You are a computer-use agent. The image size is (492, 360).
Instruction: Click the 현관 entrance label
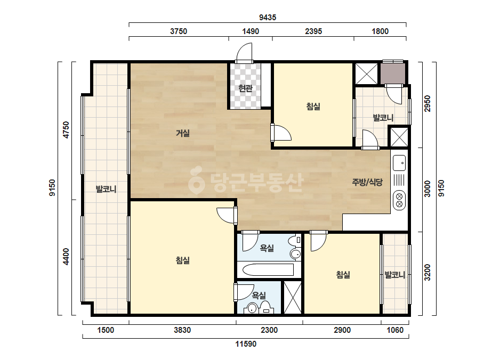[x=245, y=88]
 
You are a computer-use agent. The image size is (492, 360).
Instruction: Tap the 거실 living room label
[x=183, y=133]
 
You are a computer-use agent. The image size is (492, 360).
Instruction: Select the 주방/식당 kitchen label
[x=367, y=182]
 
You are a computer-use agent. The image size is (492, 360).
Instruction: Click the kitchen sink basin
[x=399, y=163]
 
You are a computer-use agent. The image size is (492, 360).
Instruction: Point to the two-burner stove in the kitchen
[x=399, y=200]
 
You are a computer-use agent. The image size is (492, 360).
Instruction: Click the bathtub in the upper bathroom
[x=268, y=269]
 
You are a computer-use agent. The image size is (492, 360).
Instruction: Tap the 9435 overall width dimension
[x=268, y=18]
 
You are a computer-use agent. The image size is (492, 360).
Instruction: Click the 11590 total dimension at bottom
[x=246, y=344]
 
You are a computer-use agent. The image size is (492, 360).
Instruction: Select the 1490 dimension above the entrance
[x=251, y=31]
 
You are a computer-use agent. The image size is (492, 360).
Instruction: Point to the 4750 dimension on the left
[x=66, y=130]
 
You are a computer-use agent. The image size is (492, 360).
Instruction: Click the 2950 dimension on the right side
[x=428, y=104]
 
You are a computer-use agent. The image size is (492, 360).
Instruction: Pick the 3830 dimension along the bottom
[x=182, y=330]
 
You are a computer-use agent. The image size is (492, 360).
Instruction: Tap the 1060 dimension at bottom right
[x=395, y=330]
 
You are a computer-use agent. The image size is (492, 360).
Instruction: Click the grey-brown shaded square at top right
[x=393, y=73]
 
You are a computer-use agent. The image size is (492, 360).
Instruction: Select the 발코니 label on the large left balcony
[x=106, y=189]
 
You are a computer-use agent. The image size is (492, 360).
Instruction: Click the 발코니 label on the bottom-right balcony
[x=395, y=275]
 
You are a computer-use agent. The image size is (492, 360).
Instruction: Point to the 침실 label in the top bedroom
[x=313, y=107]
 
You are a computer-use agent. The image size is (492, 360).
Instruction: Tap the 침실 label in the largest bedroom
[x=183, y=260]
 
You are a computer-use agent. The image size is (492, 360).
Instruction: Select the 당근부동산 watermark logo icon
[x=196, y=180]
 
